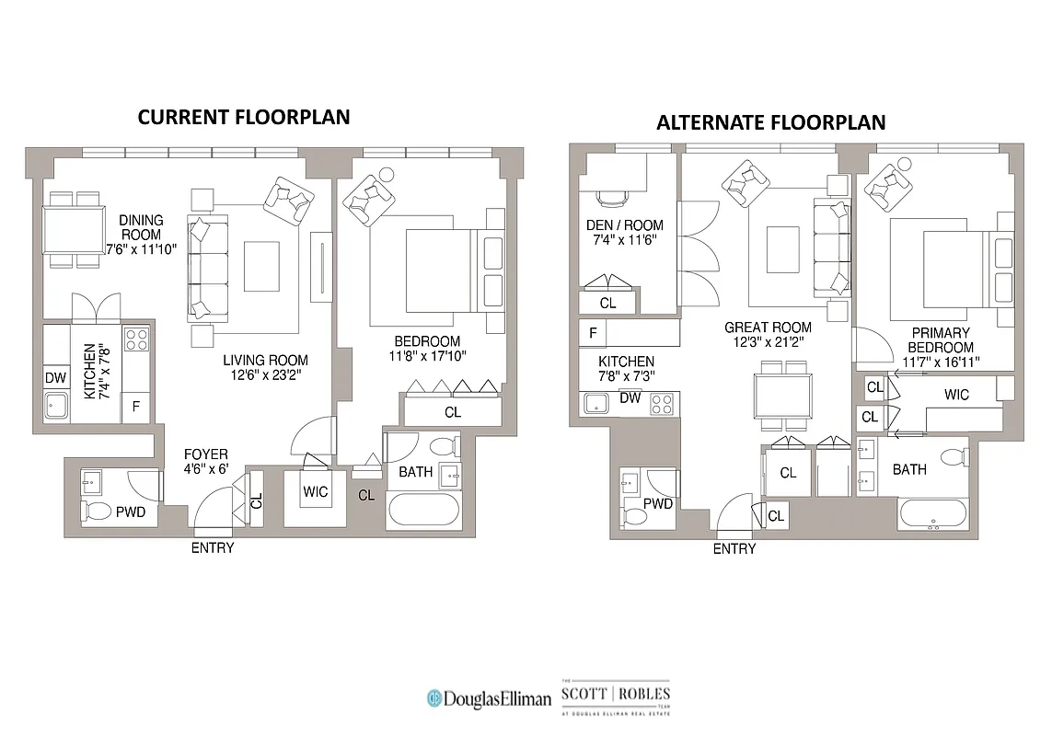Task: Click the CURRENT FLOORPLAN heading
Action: (x=244, y=117)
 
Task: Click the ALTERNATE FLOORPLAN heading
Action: (x=770, y=122)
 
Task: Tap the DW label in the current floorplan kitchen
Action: (x=54, y=376)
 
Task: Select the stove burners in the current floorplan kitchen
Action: (x=137, y=339)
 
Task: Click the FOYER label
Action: (x=204, y=454)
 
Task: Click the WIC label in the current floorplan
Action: (x=315, y=492)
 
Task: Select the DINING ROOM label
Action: (x=141, y=227)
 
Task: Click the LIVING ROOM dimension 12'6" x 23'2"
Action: (x=266, y=375)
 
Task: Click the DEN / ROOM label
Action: (x=624, y=225)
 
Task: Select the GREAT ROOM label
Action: (x=768, y=328)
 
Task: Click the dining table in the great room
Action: (x=782, y=397)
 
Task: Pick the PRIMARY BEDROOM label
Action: (x=942, y=340)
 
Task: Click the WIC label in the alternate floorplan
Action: (x=956, y=395)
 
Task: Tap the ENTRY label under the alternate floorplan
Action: (x=734, y=549)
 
